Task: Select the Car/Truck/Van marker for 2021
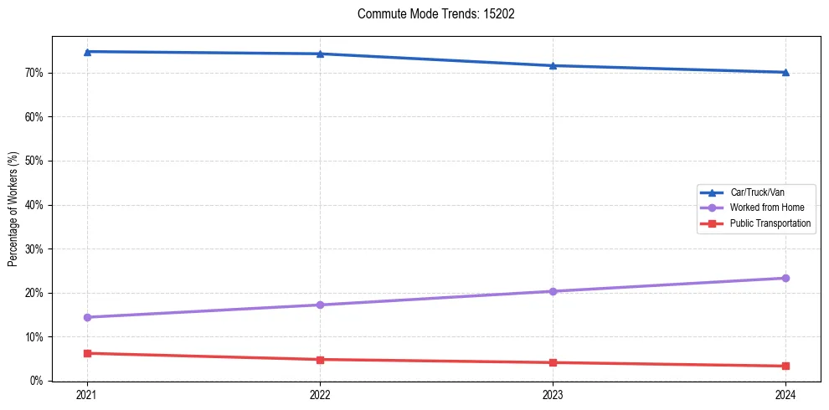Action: point(87,52)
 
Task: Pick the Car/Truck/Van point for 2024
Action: point(785,72)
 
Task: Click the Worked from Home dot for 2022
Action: point(320,305)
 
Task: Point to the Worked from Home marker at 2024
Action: point(785,278)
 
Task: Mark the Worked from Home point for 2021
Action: point(87,317)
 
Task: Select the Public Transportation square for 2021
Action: point(87,353)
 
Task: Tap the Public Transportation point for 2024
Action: point(785,366)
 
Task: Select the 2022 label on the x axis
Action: point(320,395)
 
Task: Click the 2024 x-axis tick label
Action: point(785,395)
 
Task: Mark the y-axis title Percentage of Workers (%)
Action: point(13,209)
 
